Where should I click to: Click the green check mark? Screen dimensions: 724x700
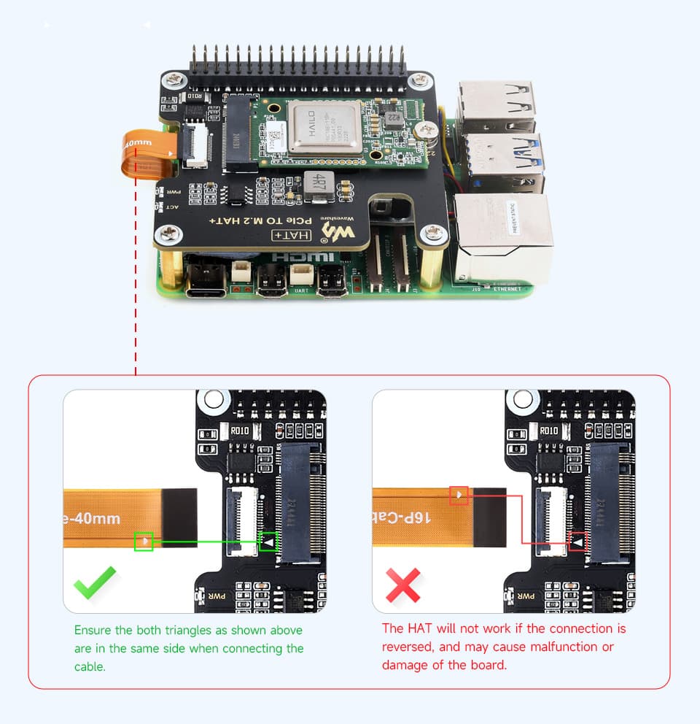95,582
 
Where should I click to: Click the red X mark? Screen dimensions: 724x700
403,585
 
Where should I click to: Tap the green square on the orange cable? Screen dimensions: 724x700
144,542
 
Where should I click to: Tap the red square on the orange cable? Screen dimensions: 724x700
459,496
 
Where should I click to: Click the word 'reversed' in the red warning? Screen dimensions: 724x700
406,647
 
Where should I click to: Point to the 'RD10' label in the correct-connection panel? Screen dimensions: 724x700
240,431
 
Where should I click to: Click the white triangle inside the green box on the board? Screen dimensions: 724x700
268,542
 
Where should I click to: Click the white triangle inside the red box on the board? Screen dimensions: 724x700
578,542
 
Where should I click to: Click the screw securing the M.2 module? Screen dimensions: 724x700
423,131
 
